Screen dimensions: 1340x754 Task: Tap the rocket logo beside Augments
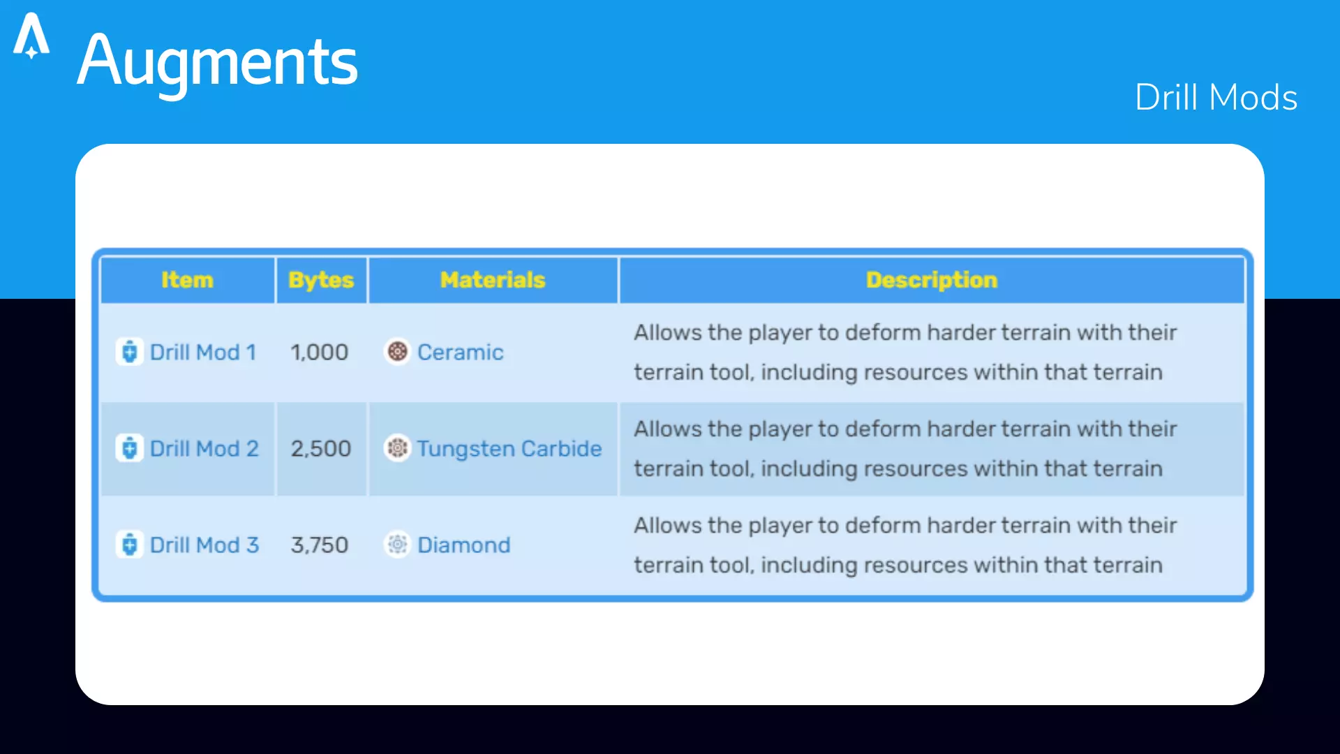coord(31,36)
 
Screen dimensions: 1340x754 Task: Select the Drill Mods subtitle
coord(1216,97)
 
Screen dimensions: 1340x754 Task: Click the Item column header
coord(187,280)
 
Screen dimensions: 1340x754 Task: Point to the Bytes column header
coord(321,280)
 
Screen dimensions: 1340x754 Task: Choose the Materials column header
coord(493,280)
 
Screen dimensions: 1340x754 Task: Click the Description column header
coord(932,280)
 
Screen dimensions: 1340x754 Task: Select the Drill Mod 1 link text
coord(203,352)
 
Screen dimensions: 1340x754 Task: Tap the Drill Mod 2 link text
coord(204,448)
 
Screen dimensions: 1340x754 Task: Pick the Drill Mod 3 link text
coord(204,545)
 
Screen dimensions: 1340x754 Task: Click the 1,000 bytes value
coord(320,352)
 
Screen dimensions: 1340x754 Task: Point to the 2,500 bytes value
coord(321,448)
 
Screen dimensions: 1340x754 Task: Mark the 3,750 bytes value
coord(320,545)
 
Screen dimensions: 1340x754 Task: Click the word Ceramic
coord(461,352)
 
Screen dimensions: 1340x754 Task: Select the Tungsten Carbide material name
coord(509,448)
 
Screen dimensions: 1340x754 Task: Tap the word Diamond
coord(464,545)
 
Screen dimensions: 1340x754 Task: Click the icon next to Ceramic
coord(397,351)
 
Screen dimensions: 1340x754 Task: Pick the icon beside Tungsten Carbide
coord(397,448)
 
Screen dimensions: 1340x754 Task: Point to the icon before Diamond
coord(397,544)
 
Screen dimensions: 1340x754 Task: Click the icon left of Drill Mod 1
coord(130,351)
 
